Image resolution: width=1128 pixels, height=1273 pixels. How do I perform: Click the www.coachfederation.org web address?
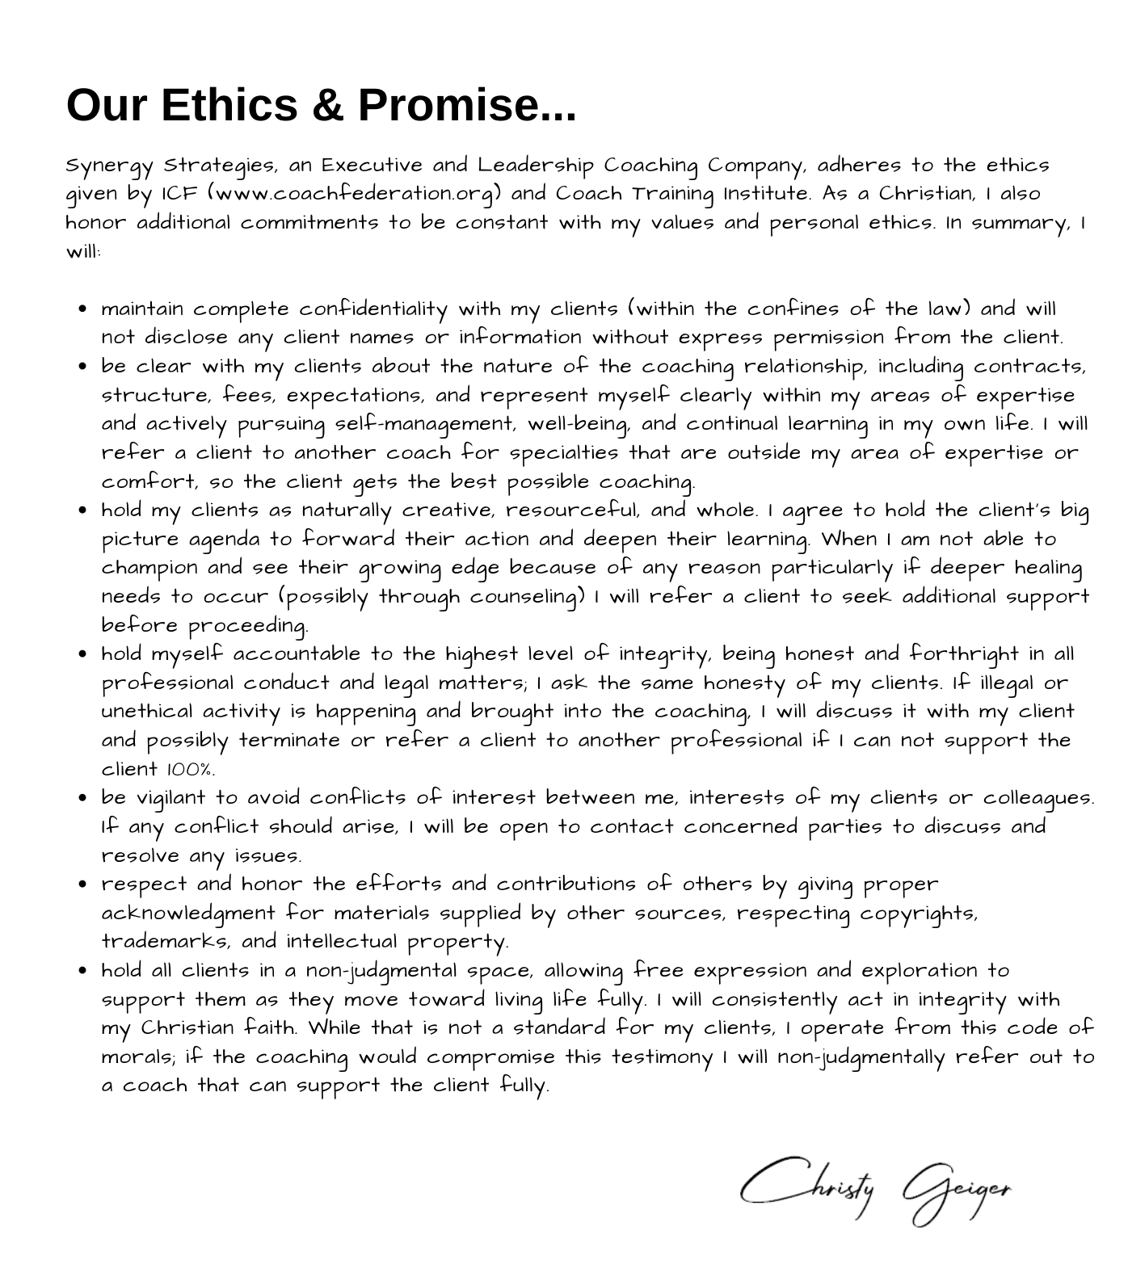pyautogui.click(x=355, y=195)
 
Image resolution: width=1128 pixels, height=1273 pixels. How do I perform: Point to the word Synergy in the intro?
pyautogui.click(x=109, y=166)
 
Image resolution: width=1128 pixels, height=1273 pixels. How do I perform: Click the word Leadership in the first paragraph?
pyautogui.click(x=535, y=166)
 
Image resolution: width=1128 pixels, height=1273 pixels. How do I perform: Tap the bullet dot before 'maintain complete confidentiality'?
pyautogui.click(x=84, y=309)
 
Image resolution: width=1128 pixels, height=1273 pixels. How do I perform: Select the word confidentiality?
pyautogui.click(x=373, y=309)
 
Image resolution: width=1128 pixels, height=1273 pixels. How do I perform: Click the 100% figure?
pyautogui.click(x=191, y=769)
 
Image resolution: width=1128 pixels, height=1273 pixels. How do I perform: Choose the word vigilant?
pyautogui.click(x=170, y=798)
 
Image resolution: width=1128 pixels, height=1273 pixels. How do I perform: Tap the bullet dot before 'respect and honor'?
pyautogui.click(x=84, y=884)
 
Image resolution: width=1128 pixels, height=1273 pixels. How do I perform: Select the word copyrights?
pyautogui.click(x=918, y=914)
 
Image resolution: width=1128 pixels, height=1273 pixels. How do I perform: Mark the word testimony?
pyautogui.click(x=661, y=1057)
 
